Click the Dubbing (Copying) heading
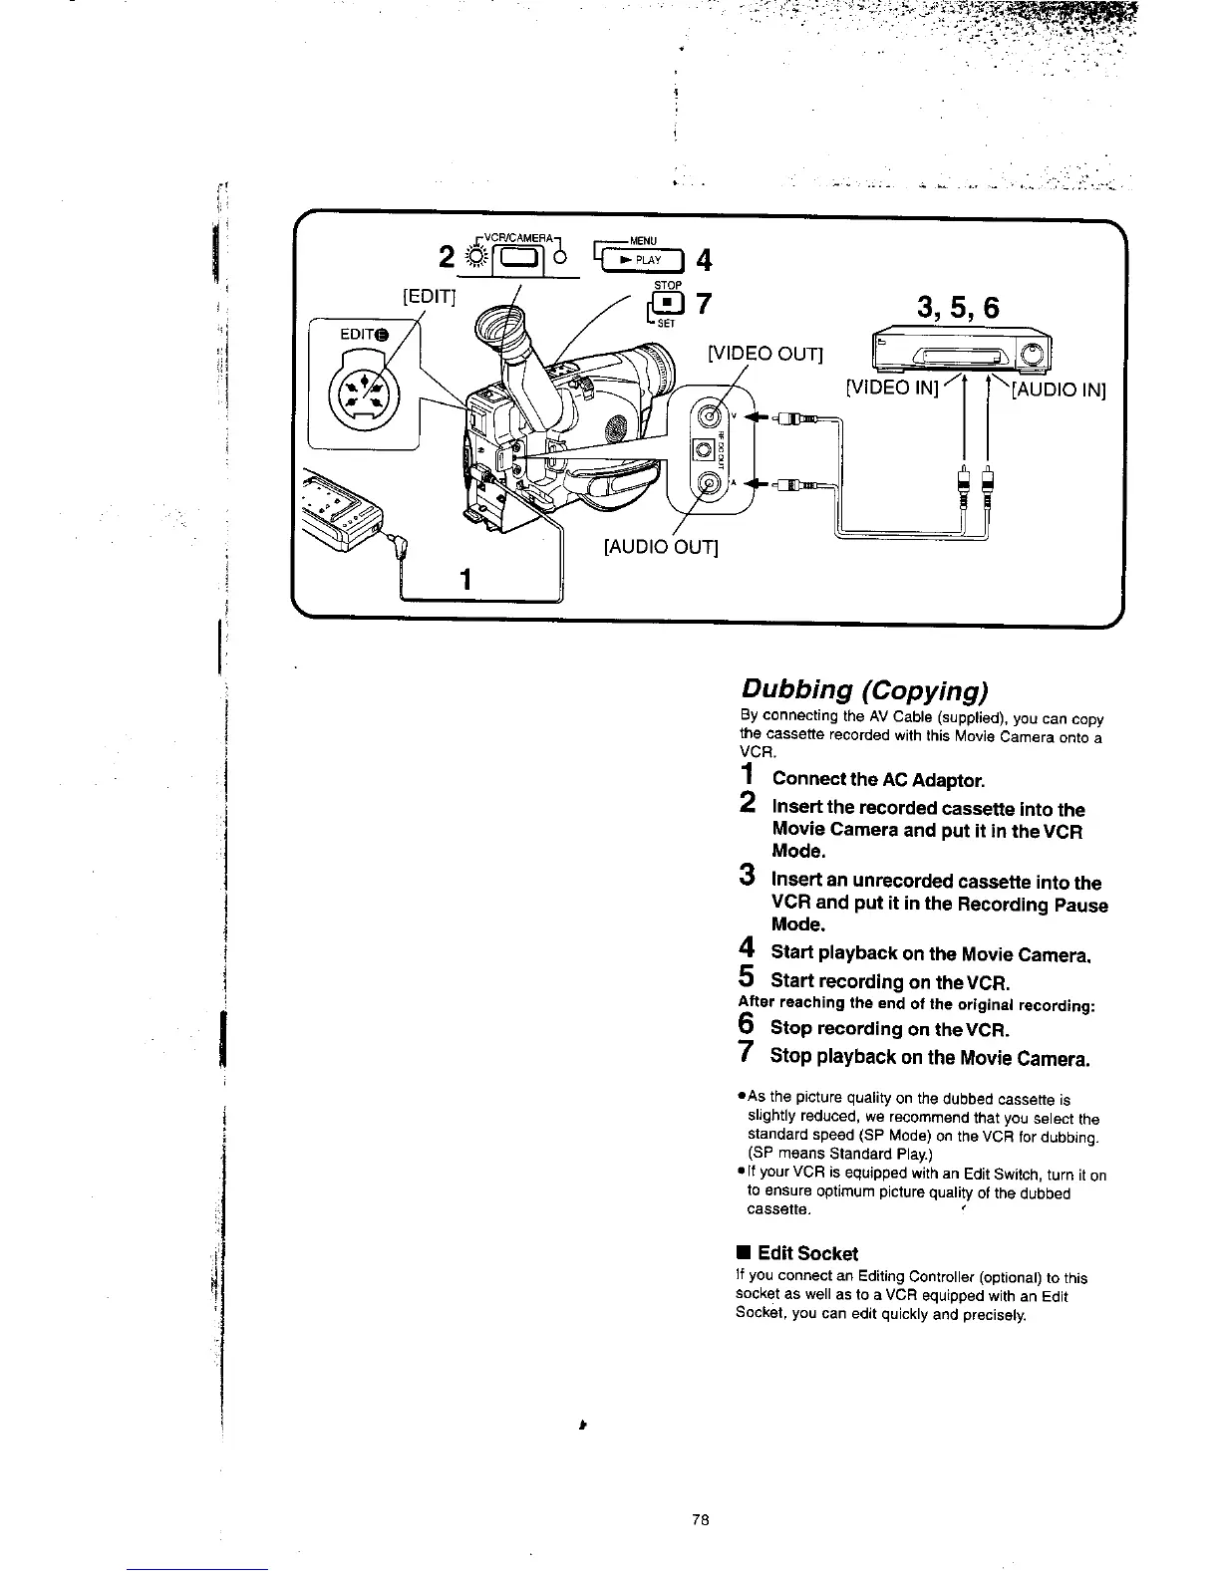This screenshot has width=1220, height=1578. point(863,689)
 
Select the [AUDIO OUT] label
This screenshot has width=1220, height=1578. point(662,548)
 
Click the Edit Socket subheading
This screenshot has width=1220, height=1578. point(806,1253)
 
